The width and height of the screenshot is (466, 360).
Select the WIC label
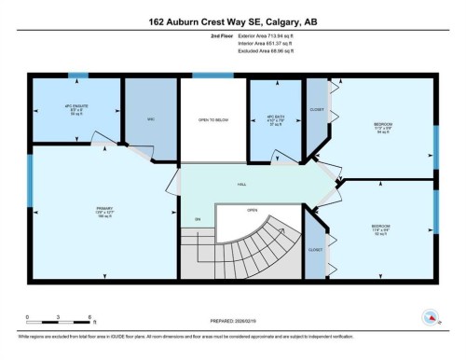coord(150,118)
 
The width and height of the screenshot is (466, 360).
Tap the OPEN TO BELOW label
coord(213,120)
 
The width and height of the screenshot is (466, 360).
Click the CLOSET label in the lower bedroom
coord(316,250)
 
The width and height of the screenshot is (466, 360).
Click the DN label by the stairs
coord(198,219)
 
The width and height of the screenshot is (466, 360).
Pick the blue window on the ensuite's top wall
coord(78,76)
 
